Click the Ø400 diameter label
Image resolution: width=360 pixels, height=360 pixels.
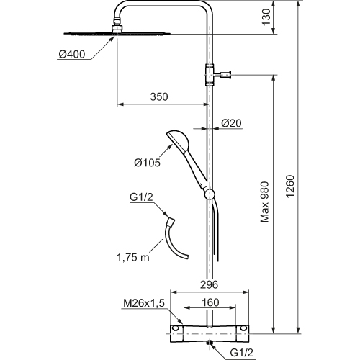(x=72, y=55)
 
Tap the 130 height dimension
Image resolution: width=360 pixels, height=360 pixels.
(x=266, y=17)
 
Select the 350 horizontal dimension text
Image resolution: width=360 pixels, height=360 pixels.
(x=159, y=96)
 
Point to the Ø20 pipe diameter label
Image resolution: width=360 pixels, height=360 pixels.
(x=231, y=123)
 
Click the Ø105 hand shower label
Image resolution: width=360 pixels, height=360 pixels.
(x=147, y=163)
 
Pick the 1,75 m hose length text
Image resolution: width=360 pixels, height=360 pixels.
(x=133, y=258)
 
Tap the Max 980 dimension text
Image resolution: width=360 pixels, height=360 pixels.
(x=265, y=202)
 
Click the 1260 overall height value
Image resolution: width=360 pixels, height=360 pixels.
(x=290, y=186)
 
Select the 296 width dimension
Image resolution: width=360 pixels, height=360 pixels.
(x=209, y=284)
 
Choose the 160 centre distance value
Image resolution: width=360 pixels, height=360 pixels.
(x=210, y=302)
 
